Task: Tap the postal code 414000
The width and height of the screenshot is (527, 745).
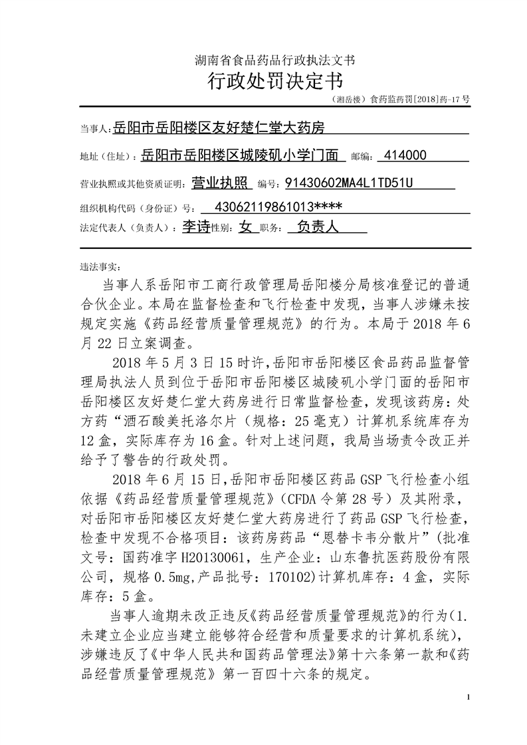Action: (x=405, y=156)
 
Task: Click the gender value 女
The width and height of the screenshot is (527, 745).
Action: (x=246, y=227)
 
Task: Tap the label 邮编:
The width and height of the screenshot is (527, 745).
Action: (x=361, y=157)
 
